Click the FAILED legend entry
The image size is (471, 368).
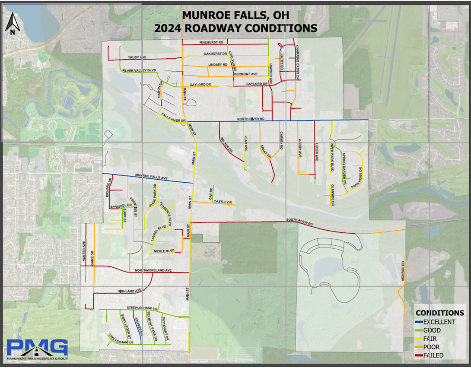tap(433, 355)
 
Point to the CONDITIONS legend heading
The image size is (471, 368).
tap(439, 313)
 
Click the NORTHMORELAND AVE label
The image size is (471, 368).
tap(153, 270)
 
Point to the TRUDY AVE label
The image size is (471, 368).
tap(137, 57)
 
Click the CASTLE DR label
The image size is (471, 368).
tap(223, 202)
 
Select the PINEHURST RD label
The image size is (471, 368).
tap(211, 42)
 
